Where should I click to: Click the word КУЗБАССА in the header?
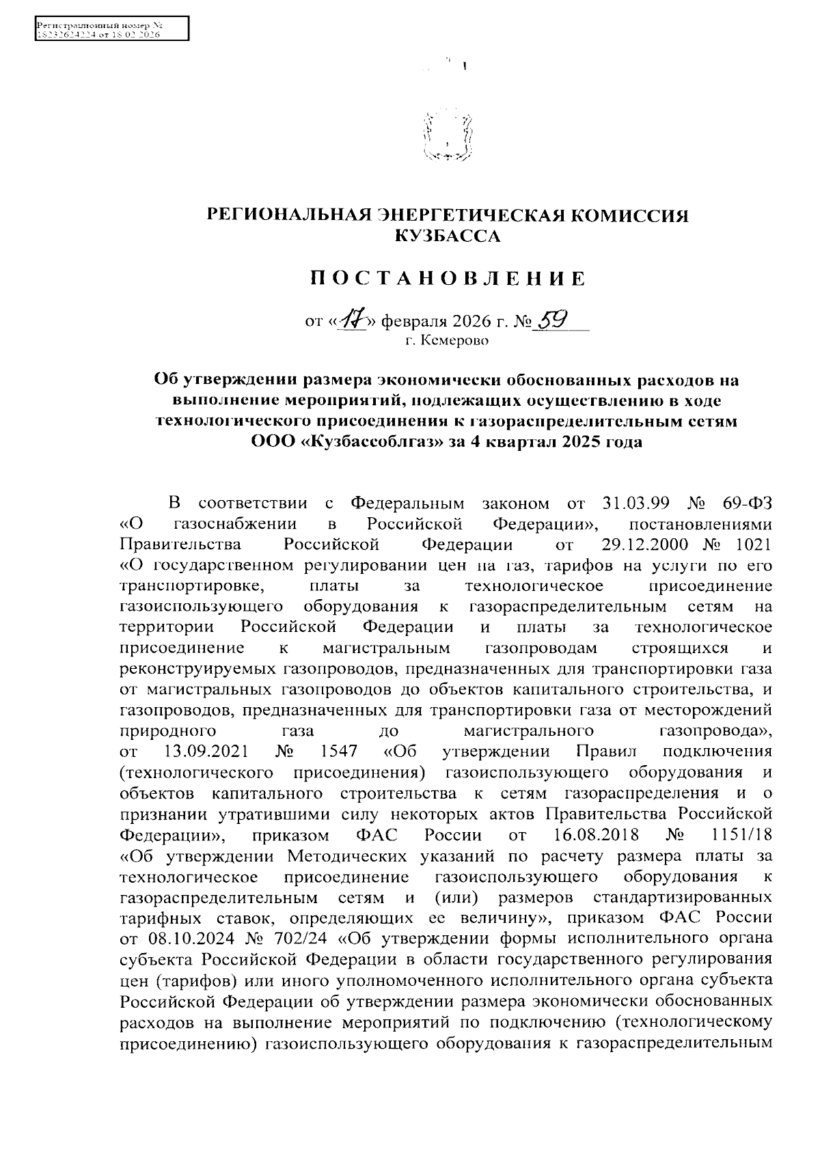click(448, 236)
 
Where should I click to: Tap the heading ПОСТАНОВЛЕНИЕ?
click(448, 279)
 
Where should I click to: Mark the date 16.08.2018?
click(593, 835)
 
